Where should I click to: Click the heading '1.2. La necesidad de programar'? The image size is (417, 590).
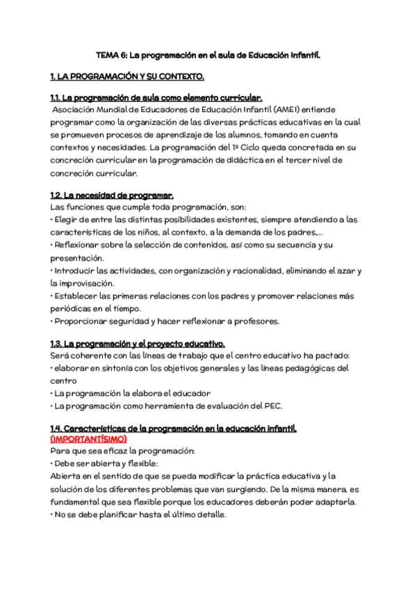pyautogui.click(x=113, y=196)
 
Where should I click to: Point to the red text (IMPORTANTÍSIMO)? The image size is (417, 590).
pyautogui.click(x=89, y=440)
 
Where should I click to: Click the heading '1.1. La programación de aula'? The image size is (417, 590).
pyautogui.click(x=156, y=97)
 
